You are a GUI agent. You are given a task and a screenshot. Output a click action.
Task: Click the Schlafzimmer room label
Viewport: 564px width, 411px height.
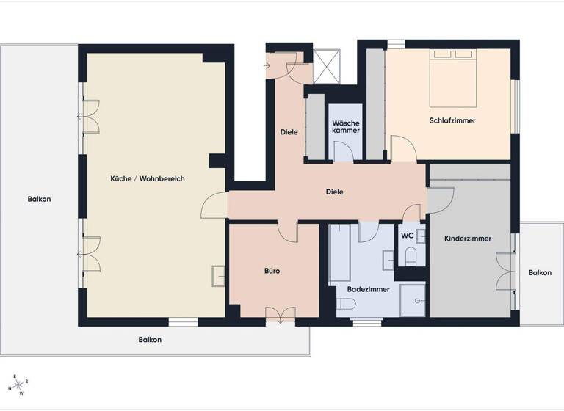click(452, 120)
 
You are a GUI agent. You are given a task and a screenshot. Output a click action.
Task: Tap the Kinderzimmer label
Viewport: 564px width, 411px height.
click(468, 239)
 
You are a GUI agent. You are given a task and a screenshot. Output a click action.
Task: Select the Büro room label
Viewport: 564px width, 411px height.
click(272, 271)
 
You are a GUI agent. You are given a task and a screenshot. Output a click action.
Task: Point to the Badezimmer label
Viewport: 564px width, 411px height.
click(366, 289)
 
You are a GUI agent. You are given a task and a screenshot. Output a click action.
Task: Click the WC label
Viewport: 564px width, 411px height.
click(407, 236)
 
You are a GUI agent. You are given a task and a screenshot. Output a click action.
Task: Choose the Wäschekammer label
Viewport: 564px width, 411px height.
click(345, 126)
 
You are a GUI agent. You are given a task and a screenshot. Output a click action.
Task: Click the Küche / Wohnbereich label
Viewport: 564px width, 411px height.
click(148, 179)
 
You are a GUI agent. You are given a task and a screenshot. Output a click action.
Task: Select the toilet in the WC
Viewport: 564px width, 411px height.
click(411, 256)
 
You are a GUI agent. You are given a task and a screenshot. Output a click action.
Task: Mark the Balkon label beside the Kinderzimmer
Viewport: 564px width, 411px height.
click(540, 273)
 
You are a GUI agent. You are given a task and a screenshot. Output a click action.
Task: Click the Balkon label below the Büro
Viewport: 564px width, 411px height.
click(150, 340)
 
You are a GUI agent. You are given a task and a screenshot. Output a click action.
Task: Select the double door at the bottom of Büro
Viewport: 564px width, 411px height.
click(279, 314)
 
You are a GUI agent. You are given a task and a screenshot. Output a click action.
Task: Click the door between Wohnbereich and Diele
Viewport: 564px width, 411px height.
click(214, 203)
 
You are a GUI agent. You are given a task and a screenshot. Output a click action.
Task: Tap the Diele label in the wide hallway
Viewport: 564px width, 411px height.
click(334, 192)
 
